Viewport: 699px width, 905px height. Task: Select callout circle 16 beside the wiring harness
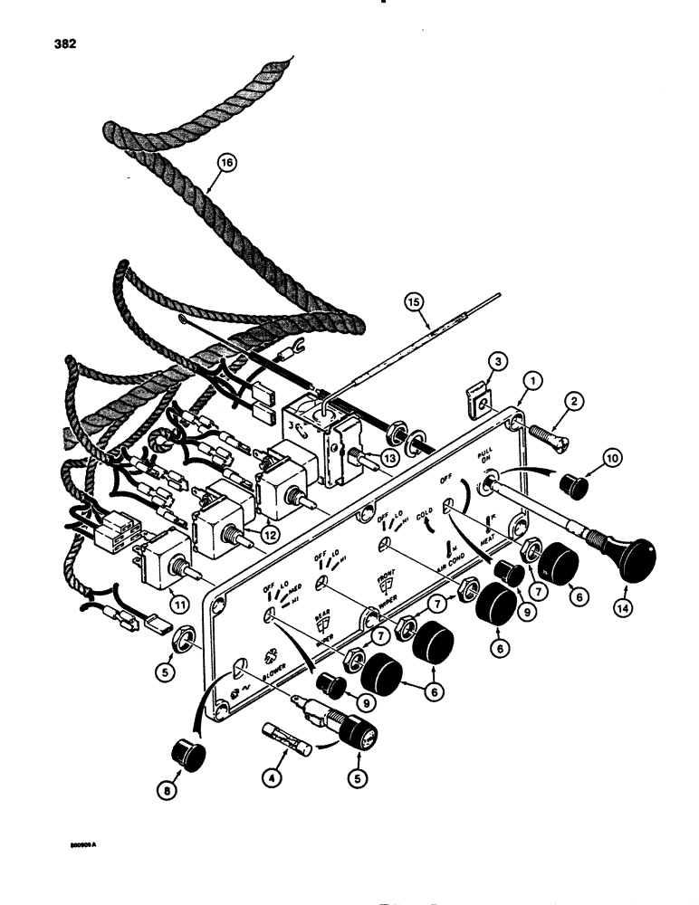225,163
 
